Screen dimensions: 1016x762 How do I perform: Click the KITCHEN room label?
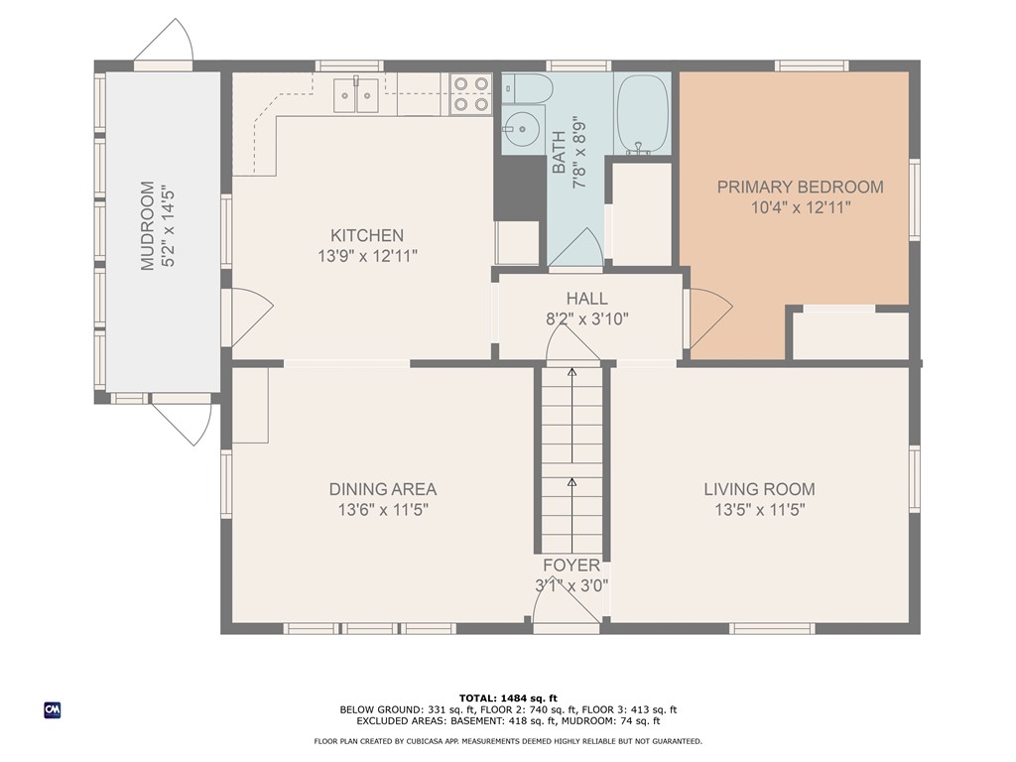[367, 235]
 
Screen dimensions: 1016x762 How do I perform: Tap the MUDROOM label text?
[148, 225]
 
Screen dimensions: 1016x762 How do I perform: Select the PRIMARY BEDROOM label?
[801, 188]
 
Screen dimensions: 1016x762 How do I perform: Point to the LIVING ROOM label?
[759, 489]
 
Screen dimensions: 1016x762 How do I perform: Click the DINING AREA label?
[383, 489]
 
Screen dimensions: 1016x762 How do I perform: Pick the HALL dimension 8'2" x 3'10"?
[587, 318]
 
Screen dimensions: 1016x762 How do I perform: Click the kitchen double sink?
[356, 95]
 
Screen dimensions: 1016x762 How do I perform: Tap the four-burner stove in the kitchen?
[471, 94]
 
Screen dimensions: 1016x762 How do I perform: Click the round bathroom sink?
[521, 130]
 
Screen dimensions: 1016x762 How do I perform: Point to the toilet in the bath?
[527, 88]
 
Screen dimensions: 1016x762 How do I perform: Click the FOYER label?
[571, 566]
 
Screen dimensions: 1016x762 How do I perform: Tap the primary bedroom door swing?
[710, 318]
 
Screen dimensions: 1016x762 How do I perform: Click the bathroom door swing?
[576, 247]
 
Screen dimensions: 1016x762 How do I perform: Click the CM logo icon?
[53, 710]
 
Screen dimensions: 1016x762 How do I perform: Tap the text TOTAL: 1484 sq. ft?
[508, 698]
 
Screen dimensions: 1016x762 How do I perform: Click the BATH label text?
[559, 153]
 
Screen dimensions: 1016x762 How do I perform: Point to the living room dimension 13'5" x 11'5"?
[759, 510]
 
